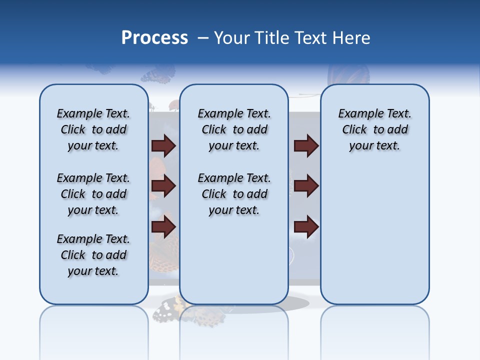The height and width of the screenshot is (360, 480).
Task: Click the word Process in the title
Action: pos(154,38)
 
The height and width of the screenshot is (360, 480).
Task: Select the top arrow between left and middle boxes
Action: pos(163,145)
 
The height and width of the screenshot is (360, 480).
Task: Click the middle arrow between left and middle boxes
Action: pos(163,186)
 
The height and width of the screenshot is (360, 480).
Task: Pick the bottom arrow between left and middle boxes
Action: pos(163,227)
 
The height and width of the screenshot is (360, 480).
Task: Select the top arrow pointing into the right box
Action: pos(306,145)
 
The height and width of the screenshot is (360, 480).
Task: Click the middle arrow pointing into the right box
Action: pos(306,186)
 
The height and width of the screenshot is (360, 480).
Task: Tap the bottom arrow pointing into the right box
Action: pos(306,227)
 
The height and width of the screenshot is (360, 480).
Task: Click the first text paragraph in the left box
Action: pos(93,129)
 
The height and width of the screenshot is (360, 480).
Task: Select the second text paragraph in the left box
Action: pos(93,194)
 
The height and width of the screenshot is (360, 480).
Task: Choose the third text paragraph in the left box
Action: pos(93,255)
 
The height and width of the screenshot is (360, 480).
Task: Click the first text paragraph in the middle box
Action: pos(234,129)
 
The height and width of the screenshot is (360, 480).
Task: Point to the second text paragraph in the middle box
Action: pos(234,194)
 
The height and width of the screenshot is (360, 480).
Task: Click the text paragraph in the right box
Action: pos(374,129)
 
